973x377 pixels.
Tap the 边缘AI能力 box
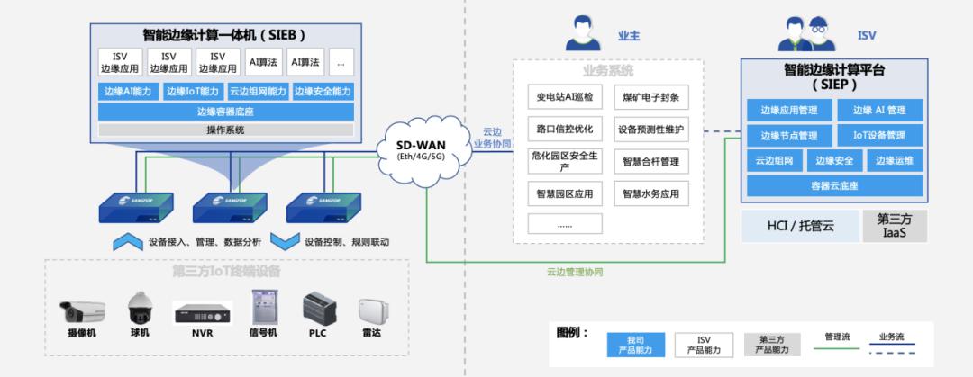pos(130,91)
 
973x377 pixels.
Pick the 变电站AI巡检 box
pos(565,96)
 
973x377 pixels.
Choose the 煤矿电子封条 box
pos(650,96)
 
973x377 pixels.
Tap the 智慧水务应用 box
pos(650,193)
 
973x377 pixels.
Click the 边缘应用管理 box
pos(788,110)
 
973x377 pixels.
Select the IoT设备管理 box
pos(878,136)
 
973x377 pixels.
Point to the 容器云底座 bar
pos(833,186)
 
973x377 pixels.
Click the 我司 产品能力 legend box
pos(635,344)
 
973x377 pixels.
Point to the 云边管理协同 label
pos(574,271)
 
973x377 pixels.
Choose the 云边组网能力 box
pos(258,91)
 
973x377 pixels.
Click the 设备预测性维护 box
pos(650,129)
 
